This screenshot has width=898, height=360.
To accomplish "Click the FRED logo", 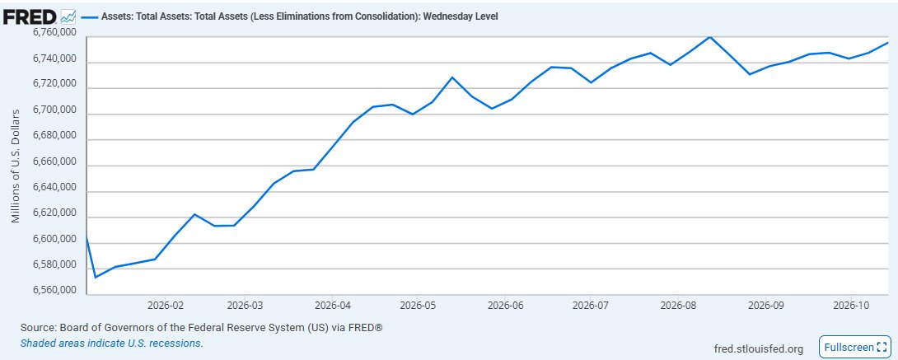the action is (x=30, y=16).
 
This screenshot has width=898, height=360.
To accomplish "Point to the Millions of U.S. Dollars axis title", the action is (x=16, y=166).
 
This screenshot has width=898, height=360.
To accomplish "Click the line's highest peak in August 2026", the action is (x=710, y=36).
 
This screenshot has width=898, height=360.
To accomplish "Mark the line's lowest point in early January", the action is (x=95, y=277).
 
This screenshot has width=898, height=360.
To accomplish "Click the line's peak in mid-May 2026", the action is (x=451, y=77).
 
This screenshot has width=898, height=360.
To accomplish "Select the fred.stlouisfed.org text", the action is (x=759, y=348).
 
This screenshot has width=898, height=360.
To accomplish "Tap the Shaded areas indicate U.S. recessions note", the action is (x=112, y=344).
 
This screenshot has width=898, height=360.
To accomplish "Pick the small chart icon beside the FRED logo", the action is (x=68, y=16).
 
